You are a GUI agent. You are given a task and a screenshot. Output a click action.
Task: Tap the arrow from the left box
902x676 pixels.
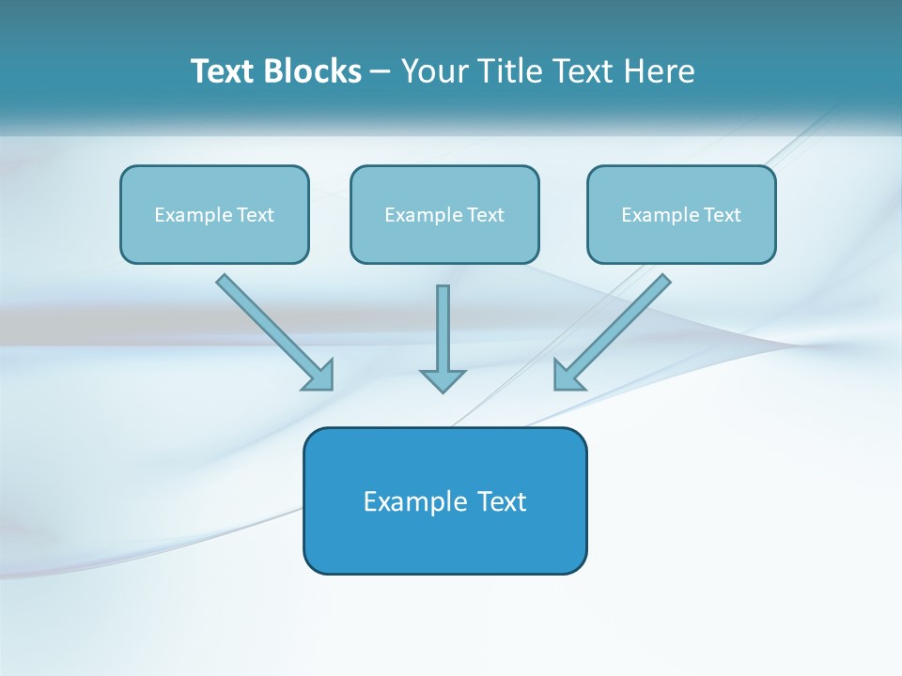(x=268, y=326)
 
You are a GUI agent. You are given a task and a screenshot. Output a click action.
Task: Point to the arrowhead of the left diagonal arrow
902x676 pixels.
(x=319, y=376)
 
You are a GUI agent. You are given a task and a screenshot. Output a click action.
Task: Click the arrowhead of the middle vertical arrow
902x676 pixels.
(x=443, y=380)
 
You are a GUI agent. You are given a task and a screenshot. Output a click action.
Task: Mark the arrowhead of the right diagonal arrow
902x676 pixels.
(x=568, y=376)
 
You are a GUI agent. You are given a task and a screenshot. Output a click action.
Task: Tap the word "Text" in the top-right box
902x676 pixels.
(x=723, y=215)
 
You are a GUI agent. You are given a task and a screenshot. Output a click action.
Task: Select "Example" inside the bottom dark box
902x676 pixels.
(x=414, y=501)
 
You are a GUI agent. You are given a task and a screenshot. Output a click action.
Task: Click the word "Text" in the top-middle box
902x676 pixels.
(x=486, y=215)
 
